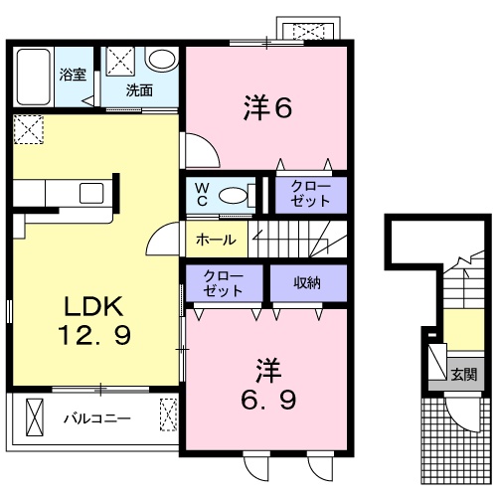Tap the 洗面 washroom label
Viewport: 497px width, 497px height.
click(139, 89)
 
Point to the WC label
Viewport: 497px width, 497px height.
click(200, 193)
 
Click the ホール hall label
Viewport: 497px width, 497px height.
click(216, 240)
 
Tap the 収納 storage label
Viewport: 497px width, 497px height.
click(307, 284)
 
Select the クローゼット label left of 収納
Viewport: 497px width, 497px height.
click(224, 283)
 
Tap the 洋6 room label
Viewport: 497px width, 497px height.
click(266, 106)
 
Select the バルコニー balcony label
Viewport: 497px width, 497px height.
click(98, 418)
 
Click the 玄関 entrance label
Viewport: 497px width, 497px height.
click(463, 374)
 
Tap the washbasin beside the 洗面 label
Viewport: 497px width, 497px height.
click(160, 60)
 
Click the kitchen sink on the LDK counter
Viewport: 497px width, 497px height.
click(80, 189)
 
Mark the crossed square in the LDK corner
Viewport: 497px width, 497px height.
click(29, 130)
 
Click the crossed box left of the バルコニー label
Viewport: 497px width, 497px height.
click(34, 414)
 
